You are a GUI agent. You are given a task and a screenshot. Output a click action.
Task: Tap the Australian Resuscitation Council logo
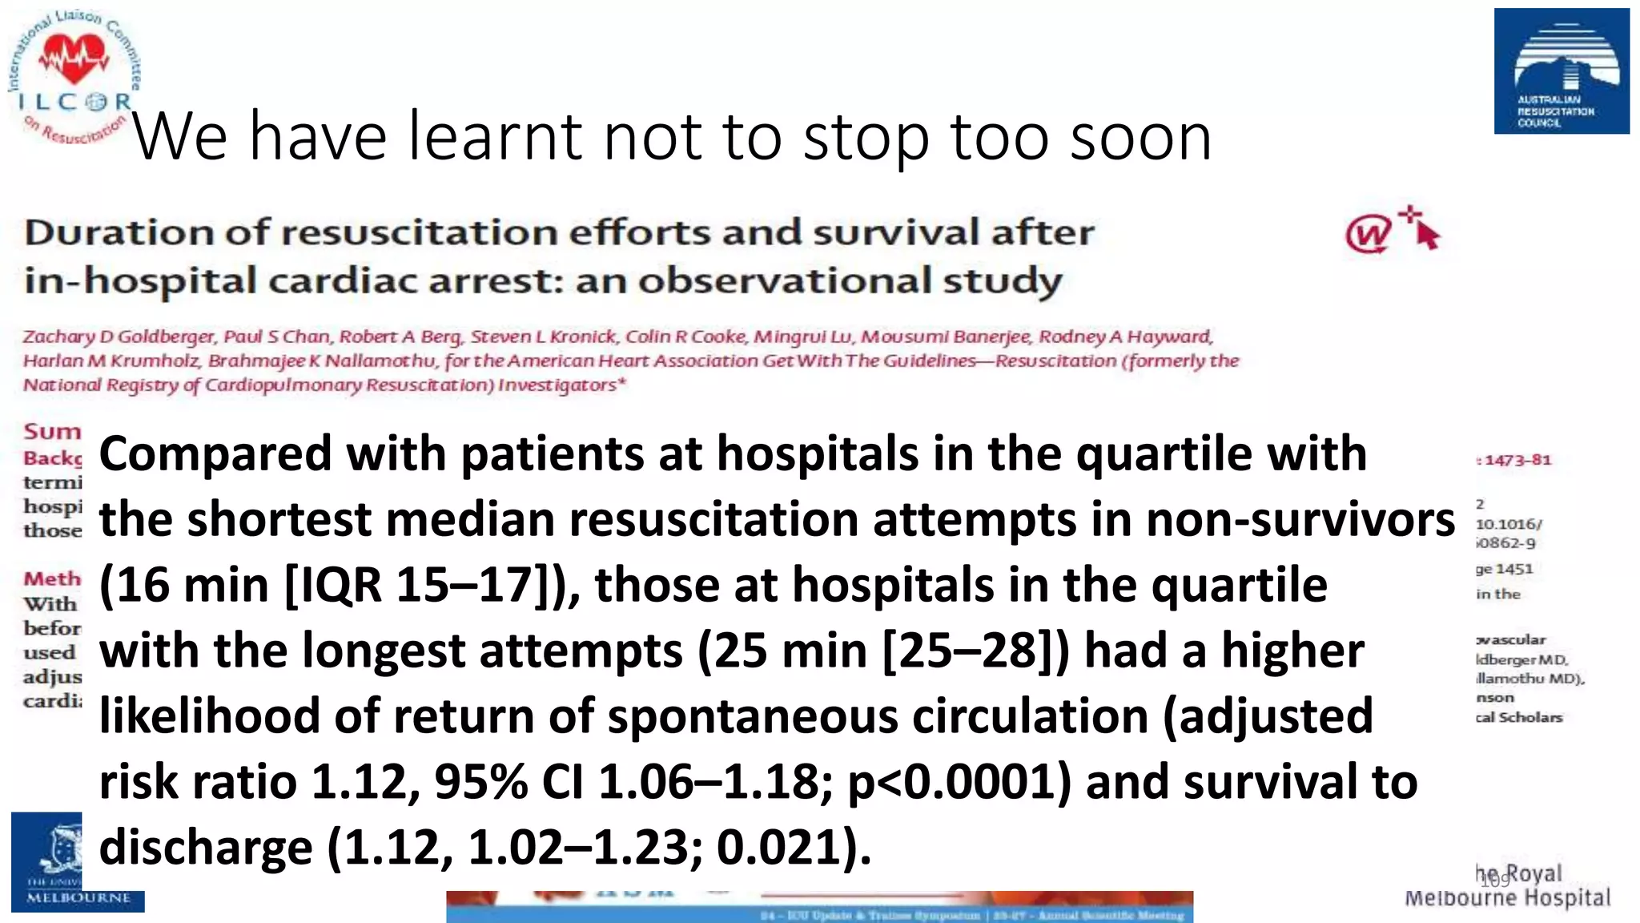1561,71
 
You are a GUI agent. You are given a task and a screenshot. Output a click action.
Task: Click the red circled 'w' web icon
1369,235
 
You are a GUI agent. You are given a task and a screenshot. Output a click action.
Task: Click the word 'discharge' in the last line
205,848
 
